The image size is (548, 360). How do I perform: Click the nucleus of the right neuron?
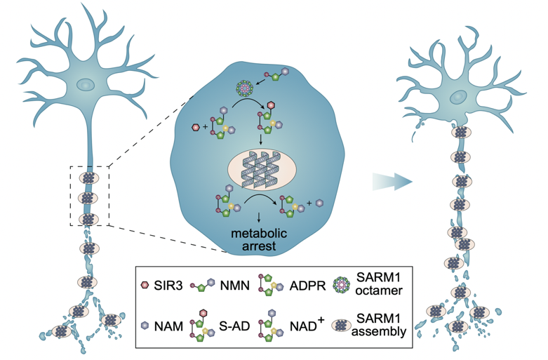pos(460,97)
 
